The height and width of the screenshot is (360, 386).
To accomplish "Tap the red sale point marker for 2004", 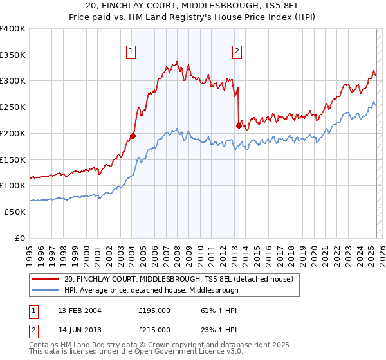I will tap(133, 136).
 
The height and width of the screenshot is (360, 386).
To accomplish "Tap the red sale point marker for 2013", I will tap(239, 125).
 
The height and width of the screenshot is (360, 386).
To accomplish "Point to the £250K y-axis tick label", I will tap(13, 107).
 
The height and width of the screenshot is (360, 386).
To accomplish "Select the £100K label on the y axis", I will tap(13, 185).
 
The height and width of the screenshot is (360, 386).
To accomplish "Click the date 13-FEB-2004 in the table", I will tap(80, 310).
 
